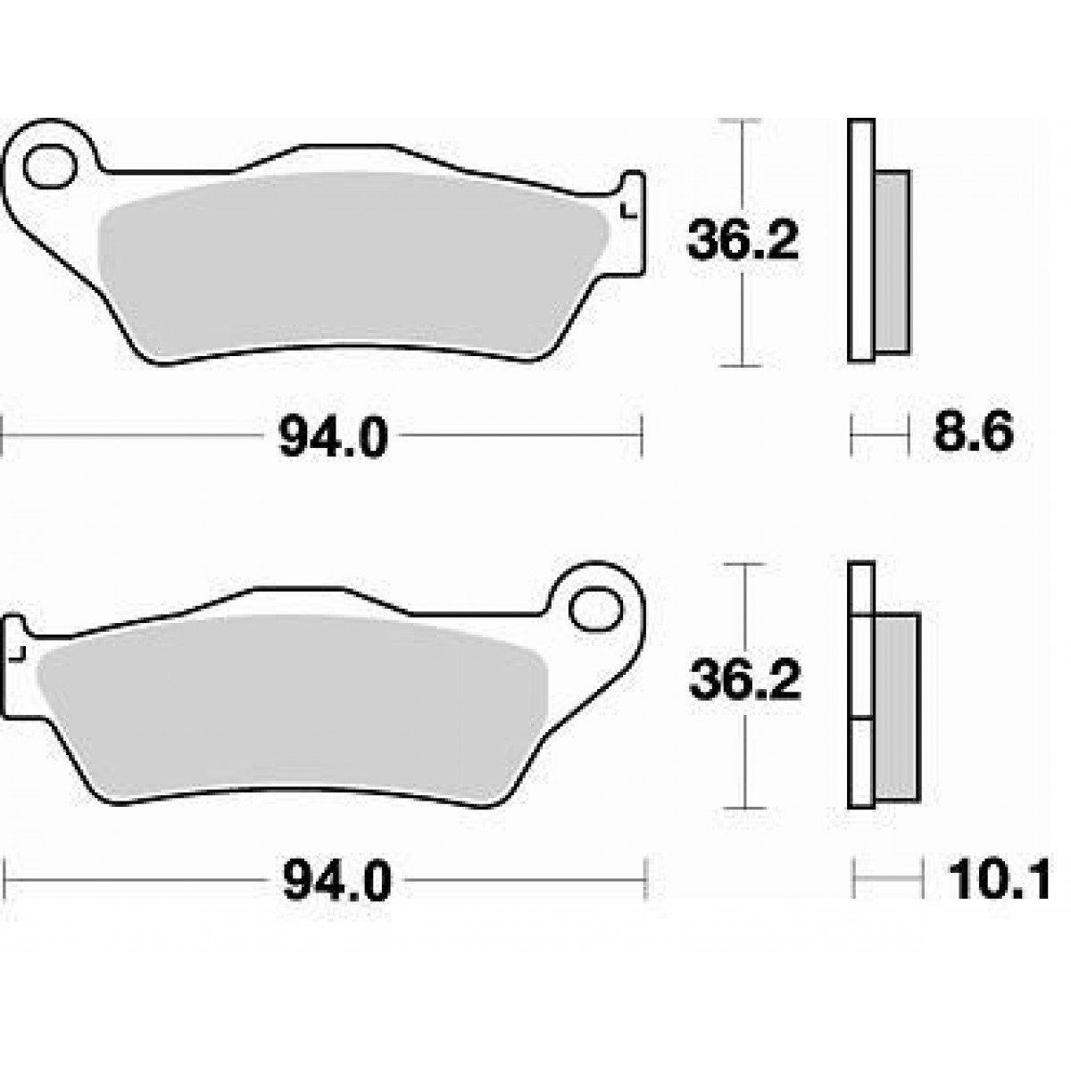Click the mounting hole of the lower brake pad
595,610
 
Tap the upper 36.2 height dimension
743,242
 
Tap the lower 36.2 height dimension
744,681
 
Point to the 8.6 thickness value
973,434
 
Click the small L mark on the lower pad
19,655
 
